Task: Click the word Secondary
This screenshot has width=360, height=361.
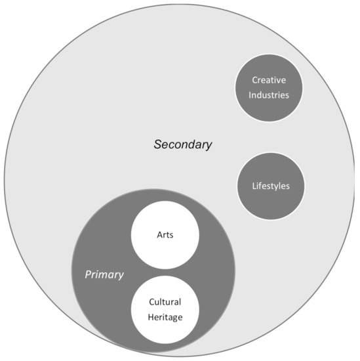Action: coord(183,144)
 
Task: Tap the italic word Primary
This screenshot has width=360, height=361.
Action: coord(104,274)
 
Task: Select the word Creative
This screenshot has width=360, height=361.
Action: coord(270,80)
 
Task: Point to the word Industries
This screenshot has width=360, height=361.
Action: coord(270,94)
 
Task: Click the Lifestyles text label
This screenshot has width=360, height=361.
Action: coord(270,186)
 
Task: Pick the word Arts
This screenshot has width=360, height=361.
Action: coord(165,234)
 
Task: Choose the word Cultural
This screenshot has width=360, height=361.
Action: coord(165,302)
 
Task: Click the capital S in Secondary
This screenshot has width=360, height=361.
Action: coord(157,144)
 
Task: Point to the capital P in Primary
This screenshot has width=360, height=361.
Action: coord(88,274)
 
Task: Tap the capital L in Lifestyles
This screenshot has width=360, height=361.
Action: coord(254,186)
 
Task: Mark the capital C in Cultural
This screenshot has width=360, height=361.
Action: coord(151,302)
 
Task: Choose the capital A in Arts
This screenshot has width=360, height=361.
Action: coord(159,234)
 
